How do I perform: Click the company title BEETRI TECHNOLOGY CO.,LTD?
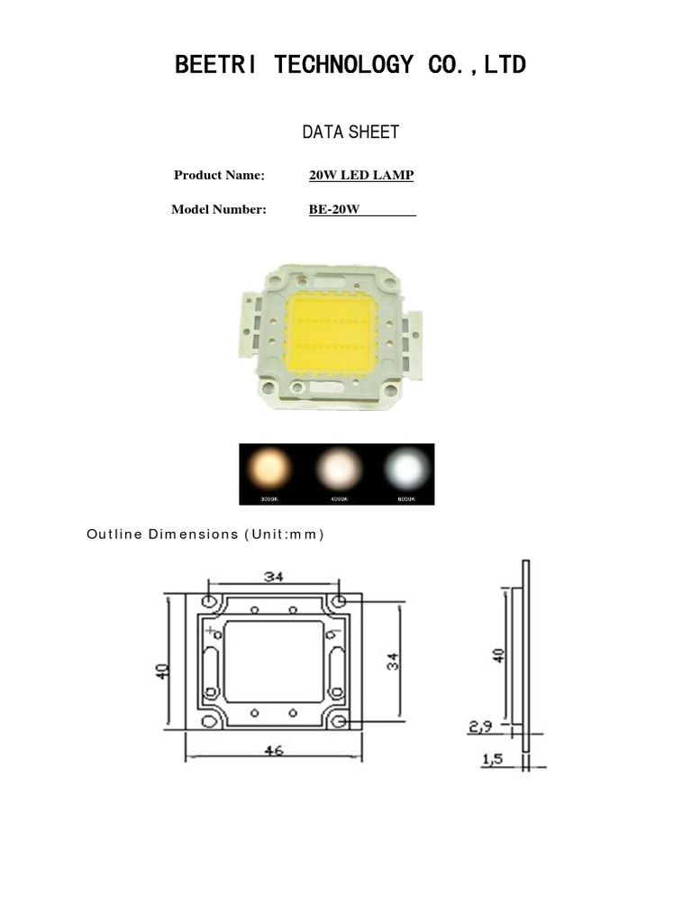(351, 65)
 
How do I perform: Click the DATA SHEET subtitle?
(351, 133)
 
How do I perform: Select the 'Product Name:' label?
(219, 175)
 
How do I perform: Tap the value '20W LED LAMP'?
(361, 175)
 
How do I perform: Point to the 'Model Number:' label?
(219, 210)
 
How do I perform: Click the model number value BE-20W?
(334, 210)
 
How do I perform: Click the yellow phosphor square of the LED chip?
(331, 334)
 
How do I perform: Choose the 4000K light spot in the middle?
(339, 468)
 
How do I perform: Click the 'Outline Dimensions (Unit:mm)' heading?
(205, 534)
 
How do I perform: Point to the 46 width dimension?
(274, 749)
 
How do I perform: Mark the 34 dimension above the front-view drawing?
(274, 575)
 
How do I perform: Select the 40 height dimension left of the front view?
(162, 671)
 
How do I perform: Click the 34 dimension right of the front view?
(393, 662)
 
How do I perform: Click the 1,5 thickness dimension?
(493, 760)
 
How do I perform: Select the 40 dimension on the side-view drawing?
(498, 654)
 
